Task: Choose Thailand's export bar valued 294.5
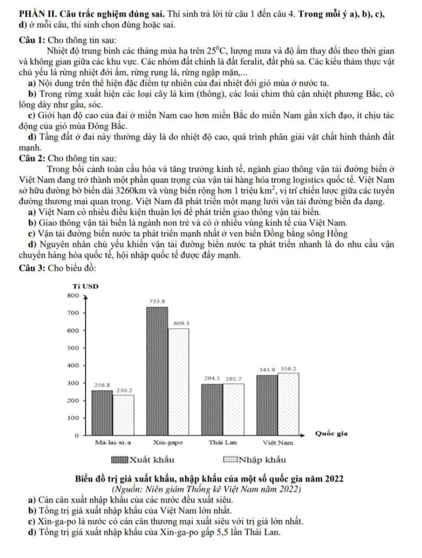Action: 212,409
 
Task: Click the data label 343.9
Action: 267,370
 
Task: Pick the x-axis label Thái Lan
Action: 223,443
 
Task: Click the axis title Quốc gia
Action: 331,434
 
